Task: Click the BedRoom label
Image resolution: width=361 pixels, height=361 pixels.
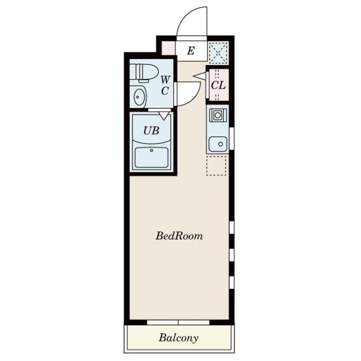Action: [179, 236]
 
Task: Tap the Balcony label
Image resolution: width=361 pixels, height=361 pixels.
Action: [178, 338]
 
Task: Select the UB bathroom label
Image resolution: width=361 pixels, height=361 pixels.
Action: [151, 131]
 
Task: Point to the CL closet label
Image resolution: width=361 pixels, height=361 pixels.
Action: [218, 86]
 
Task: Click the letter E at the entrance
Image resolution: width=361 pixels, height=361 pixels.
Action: [191, 51]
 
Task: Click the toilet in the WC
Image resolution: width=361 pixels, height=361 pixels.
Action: [144, 73]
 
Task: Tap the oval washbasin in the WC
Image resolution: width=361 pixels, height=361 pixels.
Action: [139, 97]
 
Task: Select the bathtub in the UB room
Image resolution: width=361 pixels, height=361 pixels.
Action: [152, 157]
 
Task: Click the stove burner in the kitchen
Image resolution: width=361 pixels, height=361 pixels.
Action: [218, 115]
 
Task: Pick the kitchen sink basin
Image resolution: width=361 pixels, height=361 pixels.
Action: [218, 144]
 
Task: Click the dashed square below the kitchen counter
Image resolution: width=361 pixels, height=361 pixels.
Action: [216, 165]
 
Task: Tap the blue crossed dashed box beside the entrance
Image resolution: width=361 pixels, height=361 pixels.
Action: [218, 52]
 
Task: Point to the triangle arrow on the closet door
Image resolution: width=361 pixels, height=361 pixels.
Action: [200, 76]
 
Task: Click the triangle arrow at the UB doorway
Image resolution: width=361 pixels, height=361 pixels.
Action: [164, 116]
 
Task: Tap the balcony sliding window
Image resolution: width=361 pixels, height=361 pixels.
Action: [178, 322]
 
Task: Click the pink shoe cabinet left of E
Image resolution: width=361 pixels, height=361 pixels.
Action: [169, 49]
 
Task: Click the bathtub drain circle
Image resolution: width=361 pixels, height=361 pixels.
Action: [152, 151]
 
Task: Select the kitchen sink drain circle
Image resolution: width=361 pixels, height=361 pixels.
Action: [221, 144]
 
